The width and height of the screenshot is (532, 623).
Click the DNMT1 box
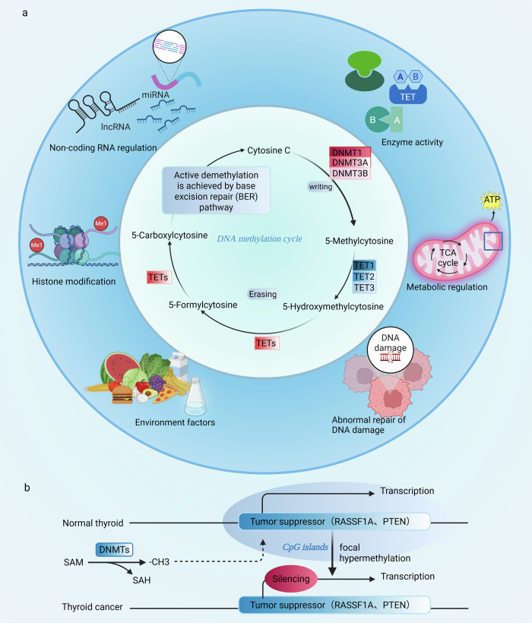pyautogui.click(x=350, y=152)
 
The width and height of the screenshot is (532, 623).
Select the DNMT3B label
pyautogui.click(x=350, y=174)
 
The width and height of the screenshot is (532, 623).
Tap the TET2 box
pyautogui.click(x=364, y=277)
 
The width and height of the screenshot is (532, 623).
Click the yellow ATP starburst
pyautogui.click(x=492, y=200)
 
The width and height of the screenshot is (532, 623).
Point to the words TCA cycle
pyautogui.click(x=448, y=258)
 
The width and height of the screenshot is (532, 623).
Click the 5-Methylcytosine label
pyautogui.click(x=359, y=241)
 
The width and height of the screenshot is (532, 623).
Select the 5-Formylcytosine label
pyautogui.click(x=203, y=305)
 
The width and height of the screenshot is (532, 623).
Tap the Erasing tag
pyautogui.click(x=263, y=294)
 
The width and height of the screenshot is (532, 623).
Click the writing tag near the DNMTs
pyautogui.click(x=320, y=186)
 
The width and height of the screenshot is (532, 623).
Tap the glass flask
pyautogui.click(x=196, y=397)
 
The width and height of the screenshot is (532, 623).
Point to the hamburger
pyautogui.click(x=122, y=394)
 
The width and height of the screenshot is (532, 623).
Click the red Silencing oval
pyautogui.click(x=291, y=578)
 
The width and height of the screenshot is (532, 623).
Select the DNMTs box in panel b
pyautogui.click(x=115, y=549)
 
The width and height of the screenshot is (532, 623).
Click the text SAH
pyautogui.click(x=141, y=580)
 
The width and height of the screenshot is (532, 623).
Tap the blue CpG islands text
pyautogui.click(x=305, y=547)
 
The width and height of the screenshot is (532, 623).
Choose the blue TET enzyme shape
pyautogui.click(x=407, y=94)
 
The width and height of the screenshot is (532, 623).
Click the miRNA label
pyautogui.click(x=155, y=94)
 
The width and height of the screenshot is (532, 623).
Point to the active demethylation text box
pyautogui.click(x=216, y=191)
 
